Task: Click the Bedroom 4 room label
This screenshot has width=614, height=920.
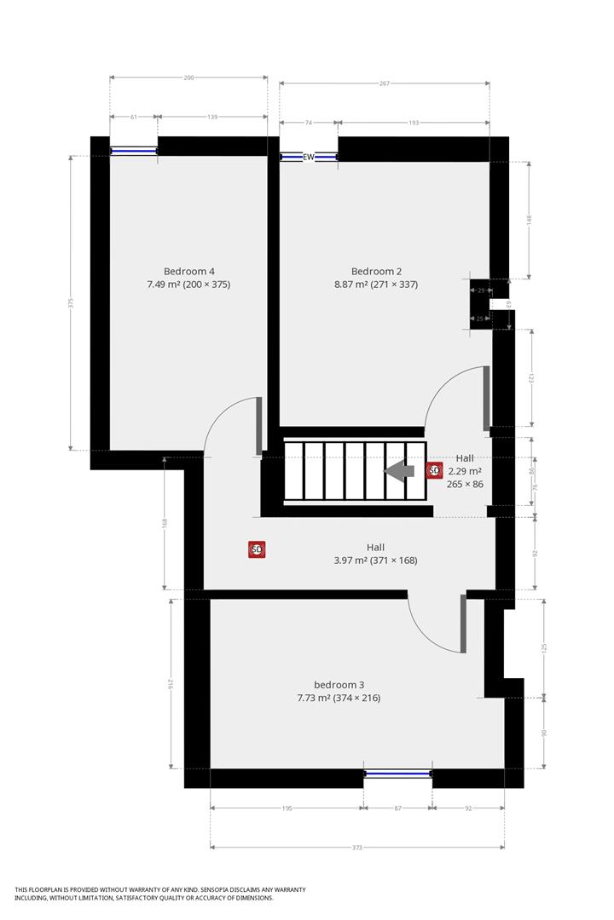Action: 188,272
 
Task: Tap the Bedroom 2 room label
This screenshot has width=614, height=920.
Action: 376,272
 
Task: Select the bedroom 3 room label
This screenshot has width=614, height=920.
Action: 339,685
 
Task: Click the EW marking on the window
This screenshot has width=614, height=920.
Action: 309,157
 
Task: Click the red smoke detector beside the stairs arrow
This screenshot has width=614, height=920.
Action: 434,470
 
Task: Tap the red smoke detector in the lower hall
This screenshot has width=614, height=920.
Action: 257,550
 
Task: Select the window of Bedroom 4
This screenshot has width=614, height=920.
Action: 134,152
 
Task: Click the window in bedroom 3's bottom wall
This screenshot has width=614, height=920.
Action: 397,773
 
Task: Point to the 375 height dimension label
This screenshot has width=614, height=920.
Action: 72,302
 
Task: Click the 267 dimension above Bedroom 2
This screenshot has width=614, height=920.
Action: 385,83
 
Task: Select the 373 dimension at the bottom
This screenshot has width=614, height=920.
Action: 357,848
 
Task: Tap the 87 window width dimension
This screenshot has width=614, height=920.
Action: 397,808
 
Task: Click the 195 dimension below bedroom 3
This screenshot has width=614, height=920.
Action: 287,808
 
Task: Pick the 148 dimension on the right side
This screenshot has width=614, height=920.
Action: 529,219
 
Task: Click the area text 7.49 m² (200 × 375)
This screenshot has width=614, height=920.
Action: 188,285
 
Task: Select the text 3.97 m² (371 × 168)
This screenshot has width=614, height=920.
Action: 375,561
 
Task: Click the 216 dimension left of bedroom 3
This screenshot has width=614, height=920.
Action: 171,683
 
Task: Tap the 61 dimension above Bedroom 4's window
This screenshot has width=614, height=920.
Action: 134,117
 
